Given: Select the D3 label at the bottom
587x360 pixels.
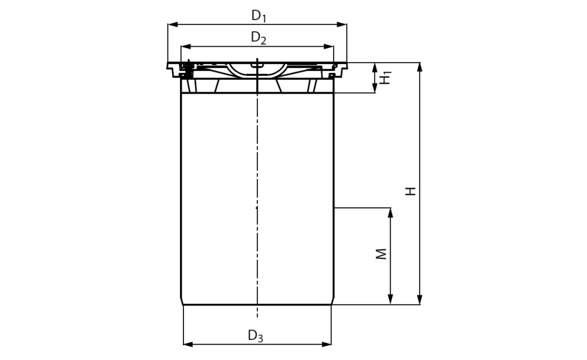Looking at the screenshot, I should [x=256, y=336].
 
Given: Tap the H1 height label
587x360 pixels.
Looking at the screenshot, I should [x=385, y=77].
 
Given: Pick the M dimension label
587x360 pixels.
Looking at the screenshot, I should [x=382, y=254].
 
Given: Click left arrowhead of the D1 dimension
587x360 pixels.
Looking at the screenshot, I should [x=172, y=24].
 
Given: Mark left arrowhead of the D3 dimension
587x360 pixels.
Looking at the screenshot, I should [x=187, y=343].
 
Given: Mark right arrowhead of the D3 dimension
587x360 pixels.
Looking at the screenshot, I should [x=327, y=343].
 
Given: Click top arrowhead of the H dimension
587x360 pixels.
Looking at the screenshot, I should [x=420, y=66].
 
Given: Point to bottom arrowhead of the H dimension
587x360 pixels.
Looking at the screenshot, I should [x=420, y=300].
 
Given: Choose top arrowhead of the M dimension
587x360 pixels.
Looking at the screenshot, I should [x=391, y=211].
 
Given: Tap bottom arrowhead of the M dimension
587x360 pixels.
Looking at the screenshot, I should [x=391, y=300].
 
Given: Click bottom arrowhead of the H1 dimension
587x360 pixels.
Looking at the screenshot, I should [x=375, y=89].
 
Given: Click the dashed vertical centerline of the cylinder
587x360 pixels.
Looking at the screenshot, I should [x=257, y=178].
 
